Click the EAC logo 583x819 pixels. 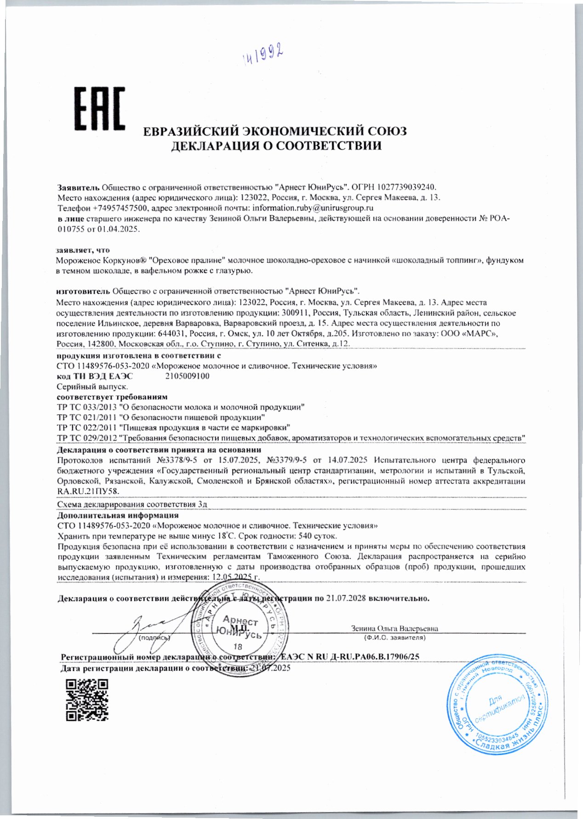point(100,109)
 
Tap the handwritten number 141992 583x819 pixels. point(262,56)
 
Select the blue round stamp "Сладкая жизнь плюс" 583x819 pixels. point(498,705)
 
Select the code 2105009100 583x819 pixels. point(187,376)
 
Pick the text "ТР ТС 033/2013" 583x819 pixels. point(85,407)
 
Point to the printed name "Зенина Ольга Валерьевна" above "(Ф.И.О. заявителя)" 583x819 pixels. point(394,628)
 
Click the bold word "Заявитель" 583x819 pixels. point(78,187)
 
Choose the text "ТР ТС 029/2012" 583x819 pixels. point(85,438)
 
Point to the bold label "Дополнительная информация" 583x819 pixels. point(117,515)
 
